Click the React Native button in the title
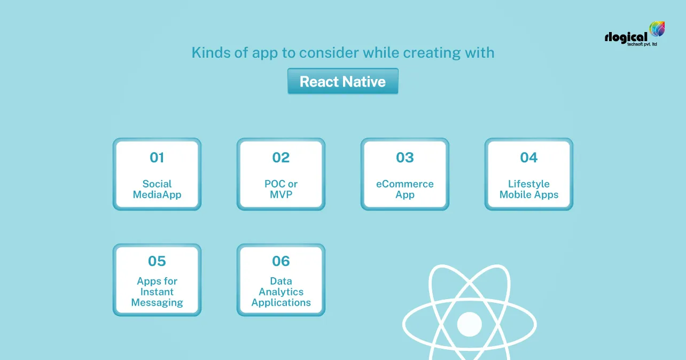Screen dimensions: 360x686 (342, 82)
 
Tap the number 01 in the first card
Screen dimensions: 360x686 (157, 158)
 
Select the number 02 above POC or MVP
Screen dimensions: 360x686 (281, 158)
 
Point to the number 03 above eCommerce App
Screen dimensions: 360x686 (405, 158)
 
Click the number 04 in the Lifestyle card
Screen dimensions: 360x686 (529, 158)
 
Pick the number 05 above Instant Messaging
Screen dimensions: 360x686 (157, 261)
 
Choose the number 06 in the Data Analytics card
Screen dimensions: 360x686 (281, 261)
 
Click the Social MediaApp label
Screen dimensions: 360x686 (157, 189)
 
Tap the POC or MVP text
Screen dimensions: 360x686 (281, 189)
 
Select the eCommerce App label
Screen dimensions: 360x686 (405, 189)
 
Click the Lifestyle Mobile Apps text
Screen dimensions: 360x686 (529, 189)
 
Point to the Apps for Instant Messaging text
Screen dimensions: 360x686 (157, 292)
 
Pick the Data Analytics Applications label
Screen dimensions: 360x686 (281, 292)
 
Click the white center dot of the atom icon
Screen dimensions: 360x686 (470, 323)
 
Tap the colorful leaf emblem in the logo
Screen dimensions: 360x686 (657, 30)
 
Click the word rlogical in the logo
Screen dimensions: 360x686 (626, 37)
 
